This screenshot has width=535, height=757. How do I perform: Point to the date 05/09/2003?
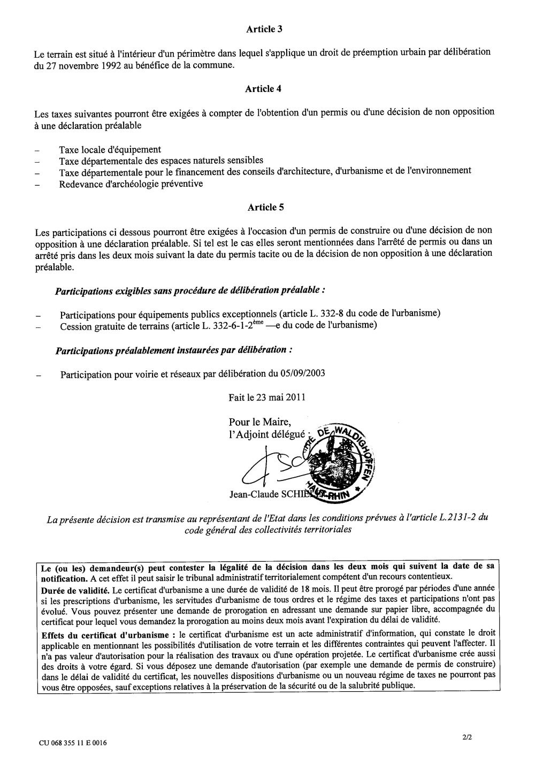click(302, 374)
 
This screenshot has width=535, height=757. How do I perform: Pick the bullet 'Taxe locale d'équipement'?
click(110, 150)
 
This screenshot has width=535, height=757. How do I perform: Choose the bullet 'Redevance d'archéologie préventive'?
click(131, 183)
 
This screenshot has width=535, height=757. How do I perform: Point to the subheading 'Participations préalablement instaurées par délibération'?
click(173, 350)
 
